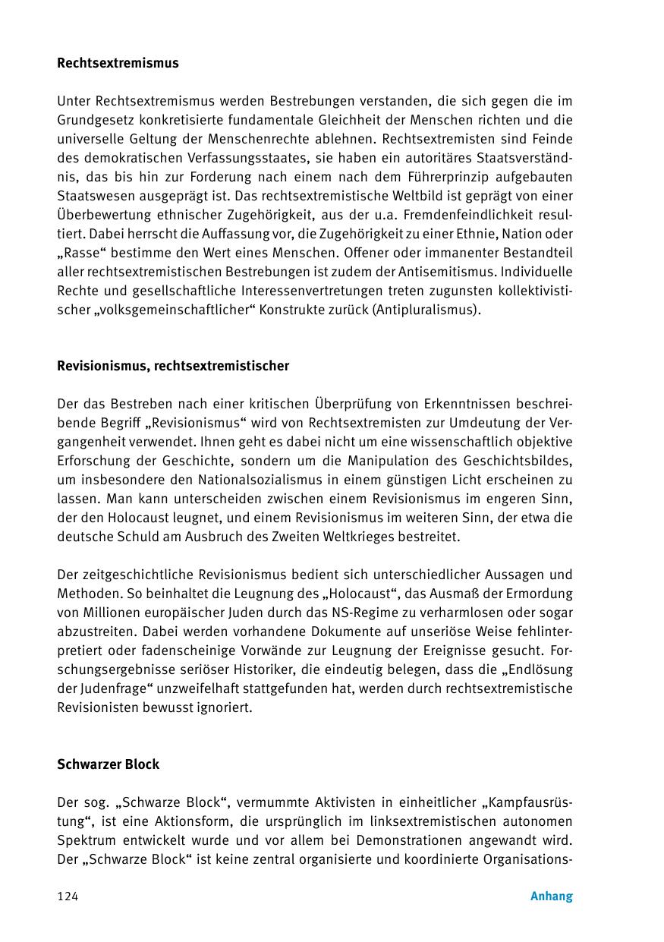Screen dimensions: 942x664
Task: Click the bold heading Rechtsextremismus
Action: click(x=118, y=63)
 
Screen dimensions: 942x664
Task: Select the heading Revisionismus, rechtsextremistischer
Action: click(x=173, y=366)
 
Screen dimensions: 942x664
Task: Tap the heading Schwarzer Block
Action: click(x=108, y=764)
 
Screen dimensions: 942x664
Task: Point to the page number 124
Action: click(x=68, y=896)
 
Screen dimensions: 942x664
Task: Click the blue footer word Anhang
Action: click(x=551, y=896)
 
